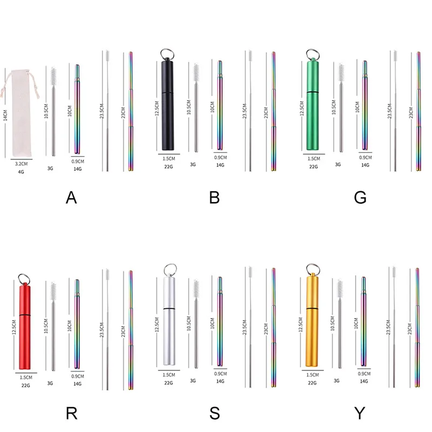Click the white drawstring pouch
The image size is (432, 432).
point(20,113)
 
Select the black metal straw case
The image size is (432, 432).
point(167,105)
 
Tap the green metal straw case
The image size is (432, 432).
point(313,105)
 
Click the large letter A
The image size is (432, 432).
point(71,198)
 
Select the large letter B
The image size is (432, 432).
point(214,198)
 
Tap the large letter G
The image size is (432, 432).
point(360,198)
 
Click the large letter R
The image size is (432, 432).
point(72,413)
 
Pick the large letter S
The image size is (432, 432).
point(214,413)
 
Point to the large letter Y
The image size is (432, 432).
point(360,413)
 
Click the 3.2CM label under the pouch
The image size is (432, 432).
point(21,164)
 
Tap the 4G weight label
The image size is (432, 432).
point(21,172)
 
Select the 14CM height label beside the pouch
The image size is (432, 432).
point(5,115)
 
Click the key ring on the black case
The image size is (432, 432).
point(167,54)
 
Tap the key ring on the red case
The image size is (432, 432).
point(24,279)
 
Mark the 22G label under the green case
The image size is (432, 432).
point(313,167)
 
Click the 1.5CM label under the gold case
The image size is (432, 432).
point(313,375)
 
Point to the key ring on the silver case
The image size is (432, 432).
point(170,269)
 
